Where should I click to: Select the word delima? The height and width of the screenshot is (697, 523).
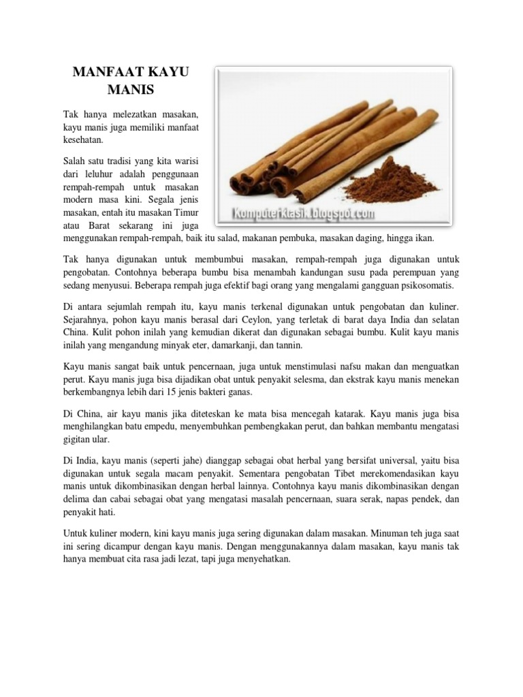click(77, 500)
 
